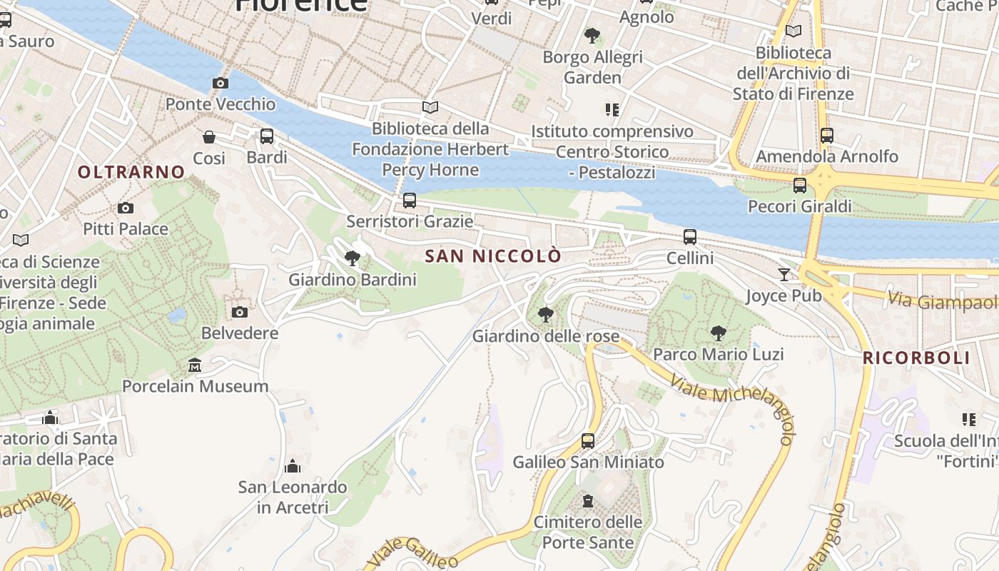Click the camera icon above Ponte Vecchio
(220, 83)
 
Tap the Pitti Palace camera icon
(126, 208)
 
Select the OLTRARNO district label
(131, 172)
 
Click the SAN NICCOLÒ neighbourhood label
(493, 256)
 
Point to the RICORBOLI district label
(916, 358)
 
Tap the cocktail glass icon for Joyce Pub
(784, 274)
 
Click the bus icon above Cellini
(689, 237)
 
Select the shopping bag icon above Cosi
(209, 137)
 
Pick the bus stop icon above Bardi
(267, 136)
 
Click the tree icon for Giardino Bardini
(352, 258)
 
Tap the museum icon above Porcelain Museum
(195, 365)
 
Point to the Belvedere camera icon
(240, 312)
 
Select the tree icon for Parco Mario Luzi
(718, 333)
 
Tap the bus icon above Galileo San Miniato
(588, 441)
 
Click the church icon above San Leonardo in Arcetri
(293, 467)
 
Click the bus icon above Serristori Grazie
(410, 201)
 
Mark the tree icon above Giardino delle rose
(546, 314)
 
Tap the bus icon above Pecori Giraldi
(800, 186)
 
